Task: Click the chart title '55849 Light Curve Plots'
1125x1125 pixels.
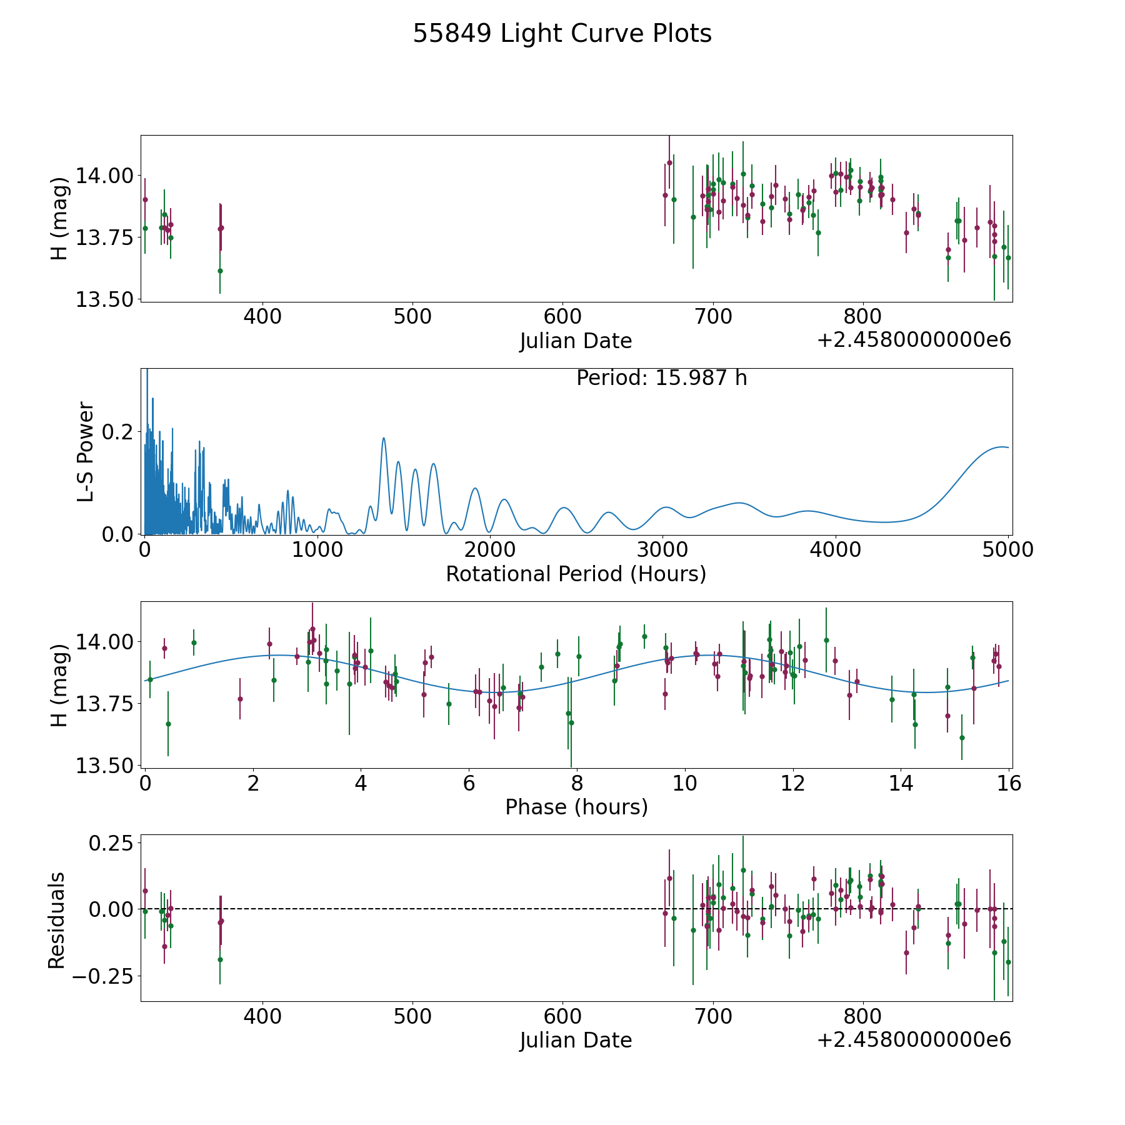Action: pyautogui.click(x=562, y=34)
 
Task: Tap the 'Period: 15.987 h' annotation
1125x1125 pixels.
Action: pyautogui.click(x=661, y=378)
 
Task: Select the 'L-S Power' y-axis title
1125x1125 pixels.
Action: pyautogui.click(x=86, y=451)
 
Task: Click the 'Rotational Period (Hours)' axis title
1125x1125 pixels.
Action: pyautogui.click(x=576, y=574)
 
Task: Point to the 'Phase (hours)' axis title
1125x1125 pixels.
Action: pyautogui.click(x=576, y=807)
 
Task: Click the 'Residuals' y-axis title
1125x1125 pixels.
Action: pyautogui.click(x=57, y=920)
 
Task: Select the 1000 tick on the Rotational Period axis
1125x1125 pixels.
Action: pyautogui.click(x=317, y=549)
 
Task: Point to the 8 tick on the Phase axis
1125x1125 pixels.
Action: pyautogui.click(x=577, y=783)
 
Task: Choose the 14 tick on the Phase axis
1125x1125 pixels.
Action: pyautogui.click(x=901, y=783)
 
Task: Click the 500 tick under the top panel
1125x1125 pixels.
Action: pyautogui.click(x=412, y=317)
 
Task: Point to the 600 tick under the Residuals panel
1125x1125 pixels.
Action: pyautogui.click(x=562, y=1016)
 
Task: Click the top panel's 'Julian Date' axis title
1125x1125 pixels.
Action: pyautogui.click(x=576, y=341)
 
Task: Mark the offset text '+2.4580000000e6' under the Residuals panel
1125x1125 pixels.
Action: pyautogui.click(x=914, y=1040)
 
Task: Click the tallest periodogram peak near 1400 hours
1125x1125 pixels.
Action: pyautogui.click(x=383, y=438)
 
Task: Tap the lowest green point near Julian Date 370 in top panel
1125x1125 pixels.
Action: pyautogui.click(x=220, y=271)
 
